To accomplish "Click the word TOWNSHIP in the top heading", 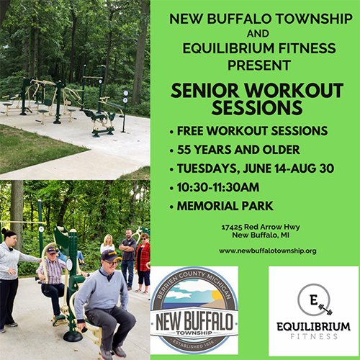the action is (x=314, y=19).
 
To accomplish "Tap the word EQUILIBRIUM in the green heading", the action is (x=228, y=48).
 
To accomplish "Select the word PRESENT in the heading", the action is (x=259, y=65).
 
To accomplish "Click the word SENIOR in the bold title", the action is (x=204, y=91).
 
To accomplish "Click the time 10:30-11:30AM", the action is (x=218, y=187).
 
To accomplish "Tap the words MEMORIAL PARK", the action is (x=225, y=206).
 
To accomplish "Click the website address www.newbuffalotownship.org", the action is (x=267, y=251).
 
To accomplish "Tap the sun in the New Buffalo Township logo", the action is (x=218, y=295).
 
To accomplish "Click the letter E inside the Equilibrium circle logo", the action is (x=313, y=300).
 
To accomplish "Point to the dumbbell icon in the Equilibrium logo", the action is (x=325, y=310).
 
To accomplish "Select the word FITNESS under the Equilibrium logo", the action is (x=314, y=336).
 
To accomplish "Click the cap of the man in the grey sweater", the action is (x=110, y=256).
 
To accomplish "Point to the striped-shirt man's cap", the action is (x=51, y=250).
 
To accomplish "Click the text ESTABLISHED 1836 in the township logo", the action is (x=194, y=344).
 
